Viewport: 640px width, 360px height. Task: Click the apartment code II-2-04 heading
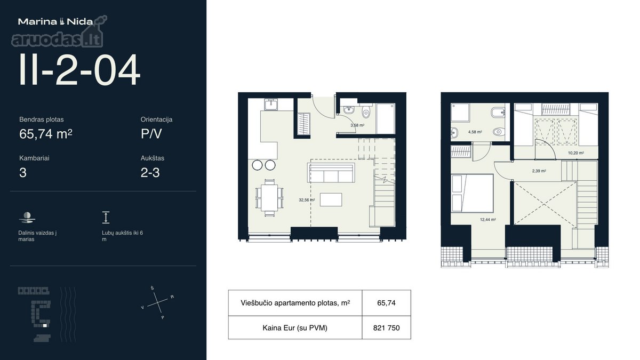click(x=79, y=70)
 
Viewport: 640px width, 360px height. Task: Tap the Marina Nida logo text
click(x=55, y=22)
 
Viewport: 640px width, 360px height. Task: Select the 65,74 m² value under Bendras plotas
click(x=46, y=134)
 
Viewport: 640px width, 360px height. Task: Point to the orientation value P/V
click(x=151, y=134)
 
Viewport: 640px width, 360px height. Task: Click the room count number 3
click(x=23, y=173)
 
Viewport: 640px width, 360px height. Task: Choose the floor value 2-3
click(x=150, y=173)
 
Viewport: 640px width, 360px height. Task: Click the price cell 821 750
click(x=386, y=327)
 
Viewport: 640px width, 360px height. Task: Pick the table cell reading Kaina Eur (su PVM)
click(x=295, y=327)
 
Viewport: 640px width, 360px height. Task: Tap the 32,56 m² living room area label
click(x=307, y=200)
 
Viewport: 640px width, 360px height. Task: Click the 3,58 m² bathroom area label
click(x=357, y=125)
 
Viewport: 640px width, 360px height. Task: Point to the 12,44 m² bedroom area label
click(x=487, y=220)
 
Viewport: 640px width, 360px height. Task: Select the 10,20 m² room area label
click(x=575, y=153)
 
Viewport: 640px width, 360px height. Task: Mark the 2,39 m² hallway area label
click(x=539, y=171)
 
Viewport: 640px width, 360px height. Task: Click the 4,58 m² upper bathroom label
click(x=475, y=132)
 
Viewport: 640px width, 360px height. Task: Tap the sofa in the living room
click(x=331, y=173)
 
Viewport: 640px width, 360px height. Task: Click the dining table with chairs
click(x=269, y=198)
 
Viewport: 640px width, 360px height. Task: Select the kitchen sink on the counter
click(x=270, y=105)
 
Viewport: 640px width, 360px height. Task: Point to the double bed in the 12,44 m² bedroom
click(x=472, y=193)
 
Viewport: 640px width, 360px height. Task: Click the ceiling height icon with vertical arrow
click(x=106, y=218)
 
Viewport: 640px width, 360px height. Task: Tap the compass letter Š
click(x=153, y=288)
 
